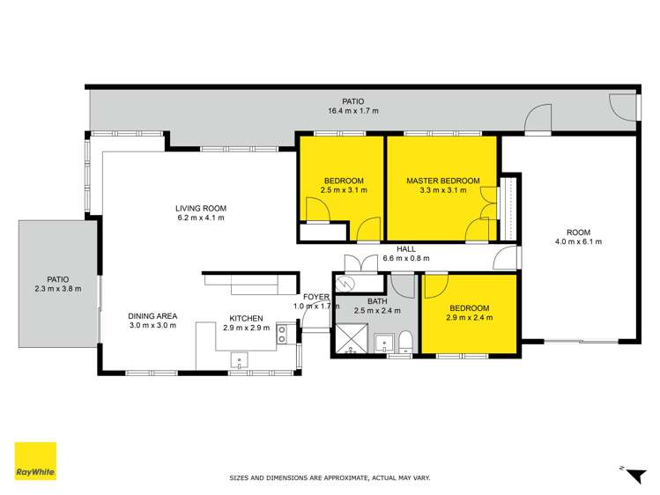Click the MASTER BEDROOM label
pyautogui.click(x=442, y=181)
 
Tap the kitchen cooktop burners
pyautogui.click(x=281, y=333)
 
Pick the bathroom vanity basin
pyautogui.click(x=383, y=344)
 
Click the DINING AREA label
pyautogui.click(x=152, y=316)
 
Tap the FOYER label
pyautogui.click(x=317, y=297)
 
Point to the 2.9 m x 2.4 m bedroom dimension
pyautogui.click(x=468, y=318)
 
